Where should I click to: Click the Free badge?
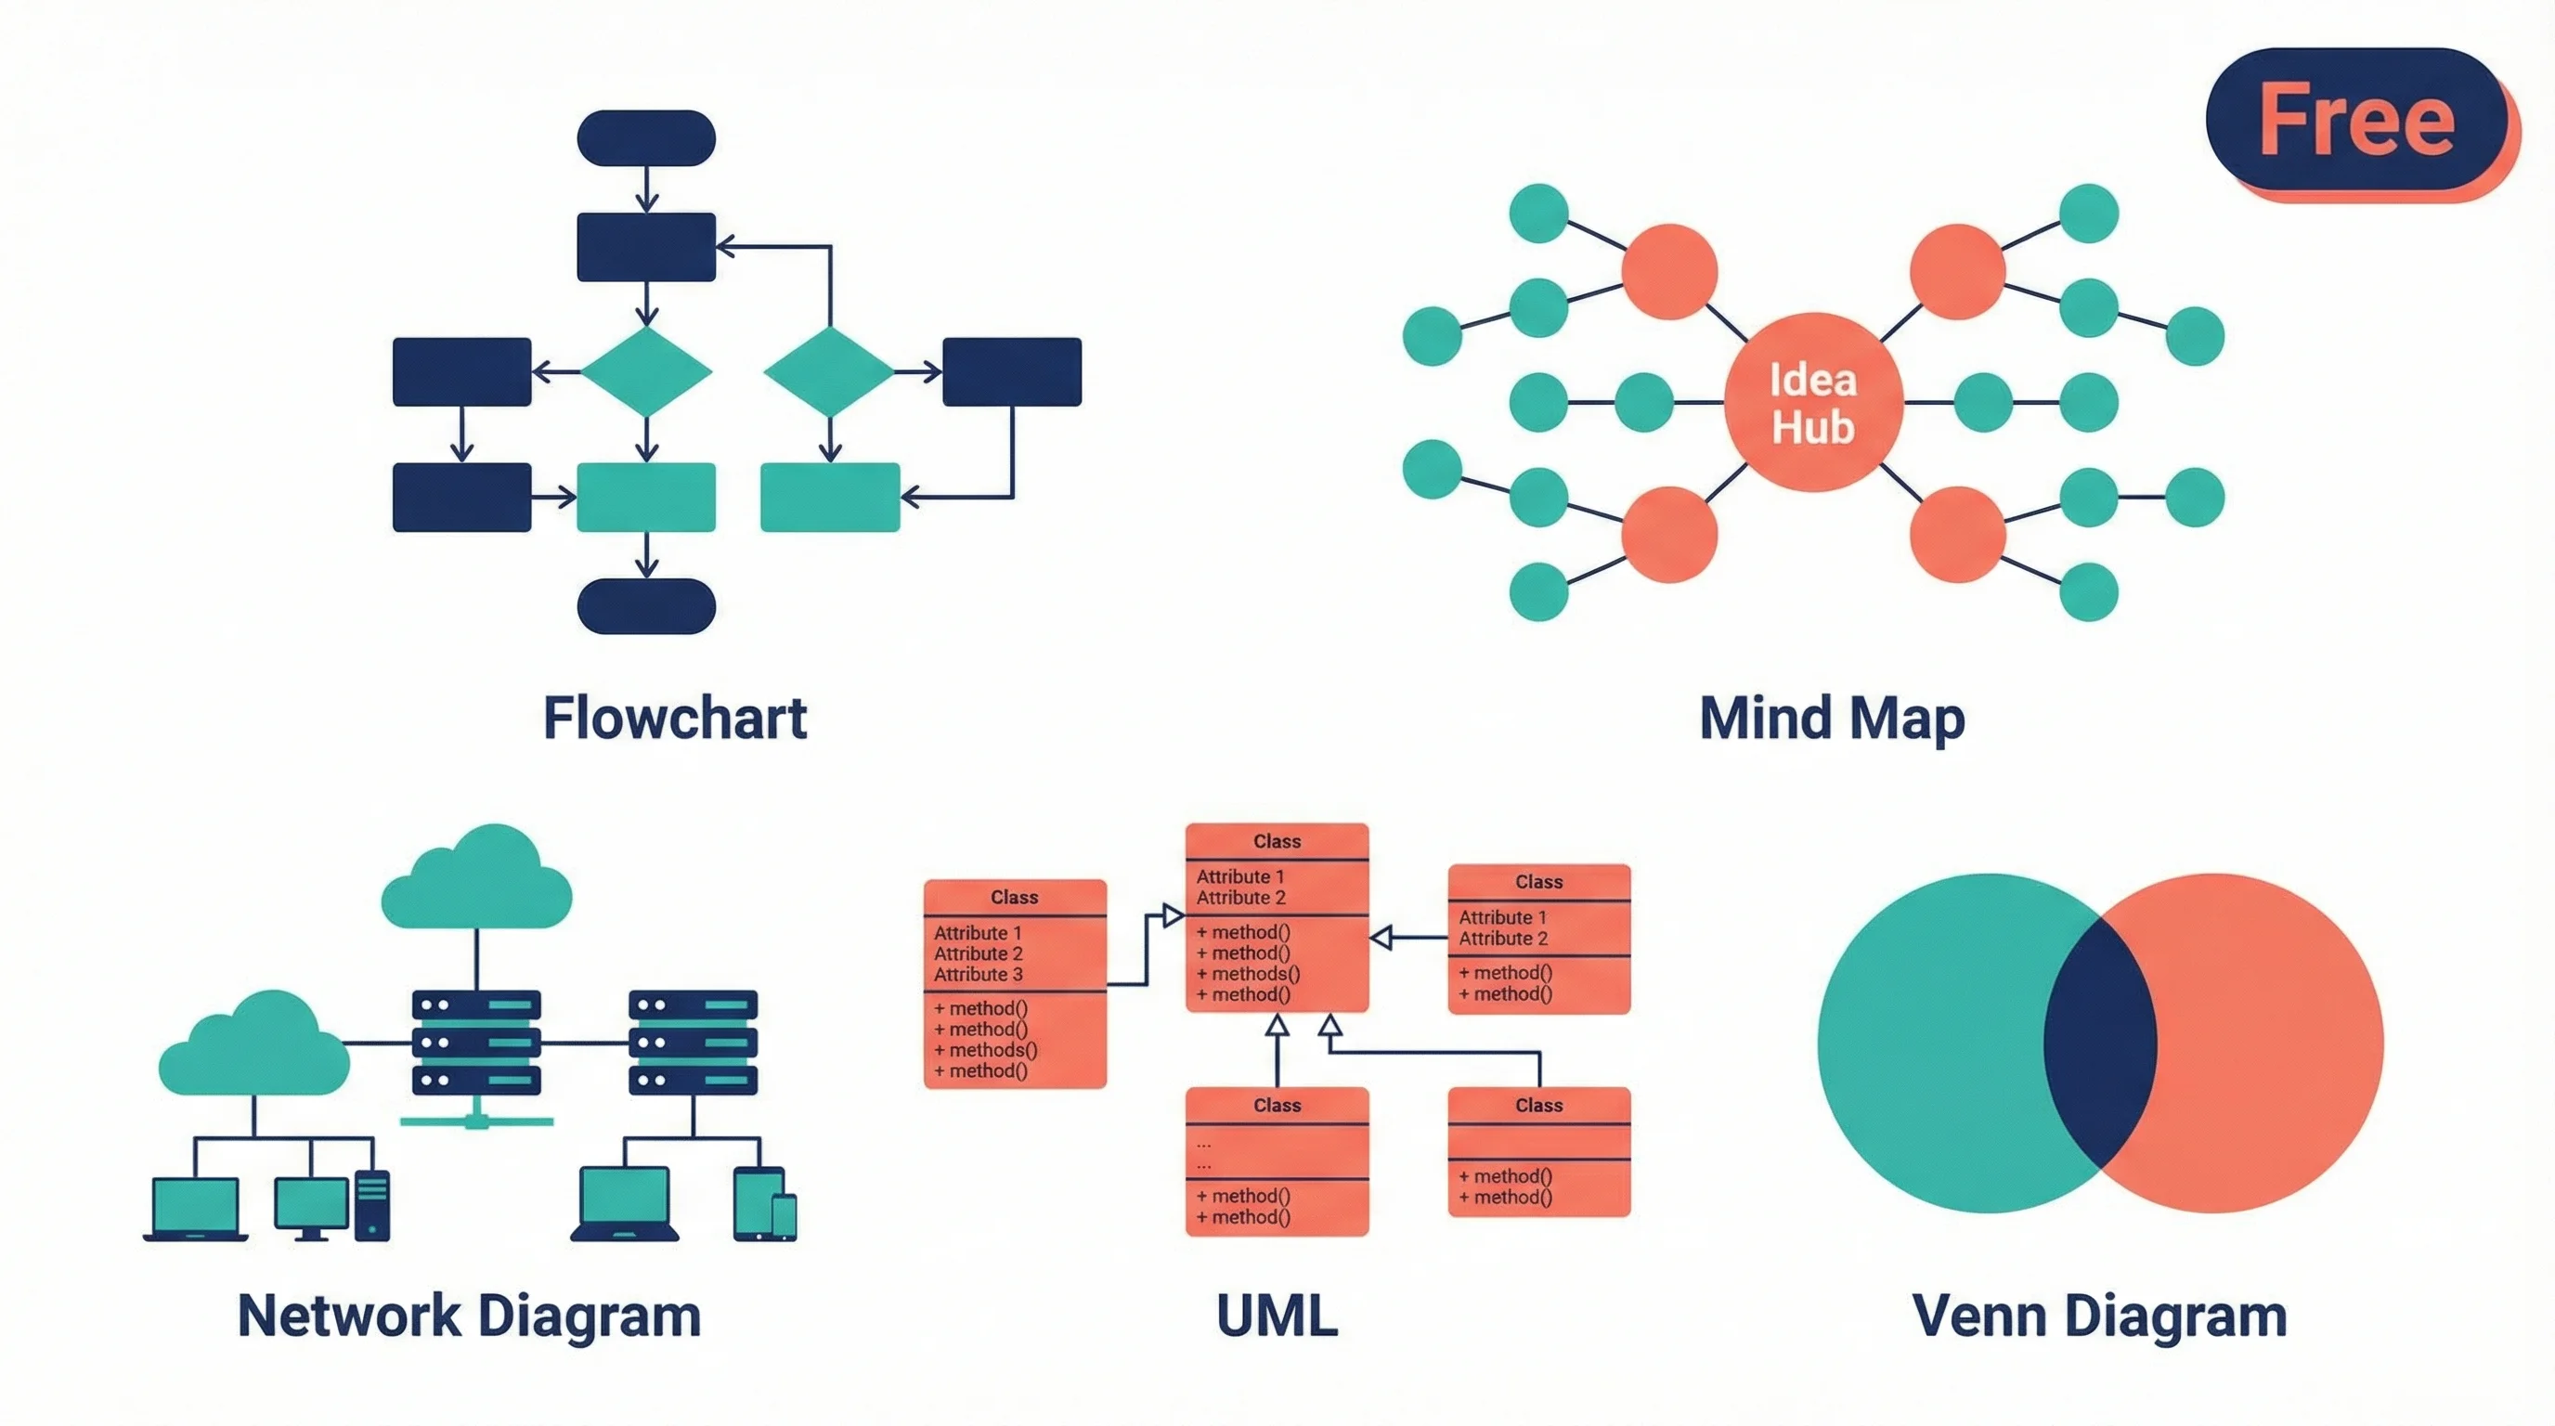coord(2356,120)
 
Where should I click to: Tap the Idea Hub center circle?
coord(1813,403)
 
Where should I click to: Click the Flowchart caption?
coord(674,718)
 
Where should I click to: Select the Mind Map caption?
coord(1831,718)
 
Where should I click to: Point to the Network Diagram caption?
coord(469,1316)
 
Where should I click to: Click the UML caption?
coord(1277,1316)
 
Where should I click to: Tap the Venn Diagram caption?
coord(2099,1316)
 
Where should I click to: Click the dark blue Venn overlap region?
coord(2100,1044)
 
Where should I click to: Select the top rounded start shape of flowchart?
coord(645,137)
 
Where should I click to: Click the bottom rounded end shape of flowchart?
coord(645,606)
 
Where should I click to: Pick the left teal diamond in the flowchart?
coord(645,372)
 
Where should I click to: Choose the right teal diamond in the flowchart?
coord(829,372)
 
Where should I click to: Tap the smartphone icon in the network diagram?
coord(784,1217)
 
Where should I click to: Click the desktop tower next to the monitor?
coord(372,1205)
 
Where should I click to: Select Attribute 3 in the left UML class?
coord(978,975)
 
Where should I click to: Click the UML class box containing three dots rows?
coord(1277,1161)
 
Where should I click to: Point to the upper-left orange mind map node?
coord(1669,271)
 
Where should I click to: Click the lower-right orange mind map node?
coord(1957,534)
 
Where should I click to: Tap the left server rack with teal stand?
coord(476,1043)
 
